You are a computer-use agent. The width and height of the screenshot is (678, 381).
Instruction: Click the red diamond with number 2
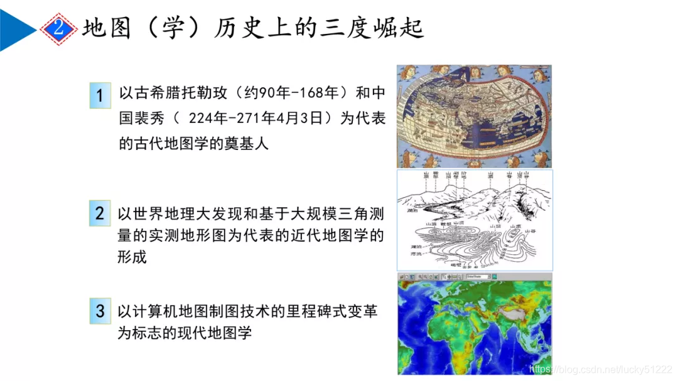coord(58,28)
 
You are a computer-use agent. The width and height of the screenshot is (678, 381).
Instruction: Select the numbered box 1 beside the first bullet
coord(100,95)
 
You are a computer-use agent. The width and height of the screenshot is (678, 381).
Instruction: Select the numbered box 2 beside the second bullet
coord(100,213)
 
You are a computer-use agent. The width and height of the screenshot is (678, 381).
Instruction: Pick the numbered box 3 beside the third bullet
coord(100,311)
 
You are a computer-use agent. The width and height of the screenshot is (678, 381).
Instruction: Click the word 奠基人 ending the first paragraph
coord(247,144)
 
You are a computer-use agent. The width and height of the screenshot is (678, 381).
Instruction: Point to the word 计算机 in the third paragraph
coord(154,311)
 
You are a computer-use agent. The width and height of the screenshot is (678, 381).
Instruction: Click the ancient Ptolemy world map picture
coord(474,116)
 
